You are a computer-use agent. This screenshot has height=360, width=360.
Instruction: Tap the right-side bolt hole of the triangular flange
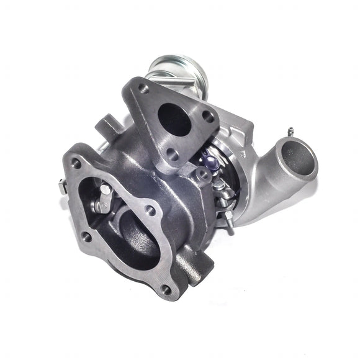point(209,115)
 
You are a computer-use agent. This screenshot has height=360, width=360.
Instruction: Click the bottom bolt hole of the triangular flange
point(174,156)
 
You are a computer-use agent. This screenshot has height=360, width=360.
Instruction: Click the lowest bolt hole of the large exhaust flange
point(166,289)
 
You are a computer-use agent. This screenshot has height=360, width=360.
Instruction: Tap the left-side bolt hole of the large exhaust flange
point(86,237)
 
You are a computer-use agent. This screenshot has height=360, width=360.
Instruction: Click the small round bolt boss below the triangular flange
point(202,176)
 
